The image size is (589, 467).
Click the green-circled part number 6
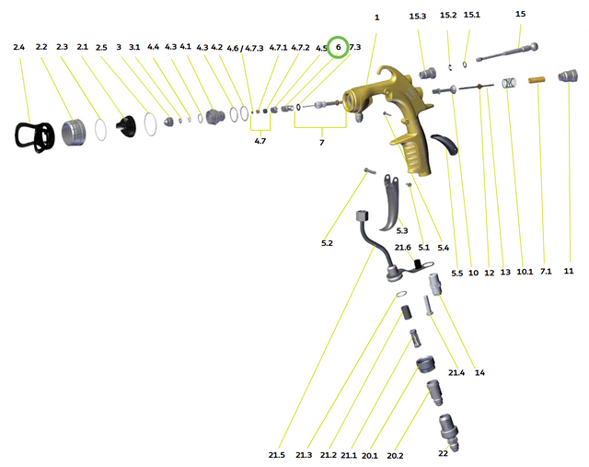338,47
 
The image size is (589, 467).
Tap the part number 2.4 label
20,47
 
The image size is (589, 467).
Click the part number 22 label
442,454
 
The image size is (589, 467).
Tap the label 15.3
418,17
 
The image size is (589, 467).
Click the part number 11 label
568,271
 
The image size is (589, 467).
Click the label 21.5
277,454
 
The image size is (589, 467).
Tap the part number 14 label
479,373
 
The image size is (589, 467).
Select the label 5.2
327,243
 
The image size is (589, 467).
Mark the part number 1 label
376,17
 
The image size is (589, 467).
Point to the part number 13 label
505,272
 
